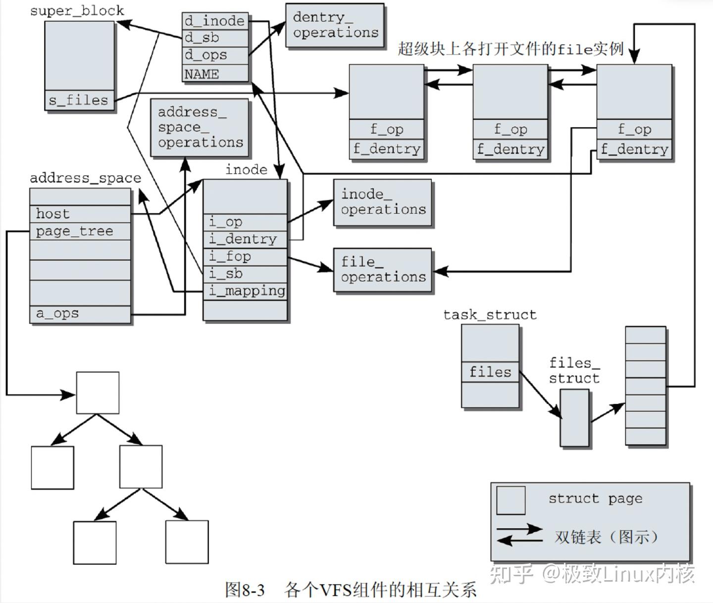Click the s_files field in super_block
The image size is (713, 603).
click(x=79, y=100)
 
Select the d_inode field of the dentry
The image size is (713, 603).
click(x=215, y=21)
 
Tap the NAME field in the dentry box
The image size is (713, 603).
click(x=215, y=74)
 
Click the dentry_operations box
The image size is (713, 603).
click(x=335, y=25)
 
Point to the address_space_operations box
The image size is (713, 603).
click(x=200, y=128)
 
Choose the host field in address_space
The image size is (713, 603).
click(x=80, y=214)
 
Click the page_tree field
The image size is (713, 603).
click(x=80, y=231)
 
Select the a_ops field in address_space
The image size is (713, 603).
click(x=80, y=314)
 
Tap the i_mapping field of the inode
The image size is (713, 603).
click(x=246, y=291)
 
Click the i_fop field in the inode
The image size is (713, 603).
click(x=246, y=256)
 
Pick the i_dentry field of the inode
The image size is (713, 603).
click(x=246, y=239)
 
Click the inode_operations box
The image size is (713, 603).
click(x=383, y=202)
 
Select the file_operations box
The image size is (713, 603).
click(x=383, y=270)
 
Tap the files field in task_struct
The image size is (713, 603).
click(x=490, y=372)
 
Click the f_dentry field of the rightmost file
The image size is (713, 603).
click(x=634, y=149)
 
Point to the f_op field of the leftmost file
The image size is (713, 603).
click(x=387, y=129)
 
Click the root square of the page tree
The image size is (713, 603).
click(x=98, y=393)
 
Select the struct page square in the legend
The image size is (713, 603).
click(x=510, y=500)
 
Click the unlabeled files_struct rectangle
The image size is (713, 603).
click(x=574, y=418)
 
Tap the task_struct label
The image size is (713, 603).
click(x=490, y=315)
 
